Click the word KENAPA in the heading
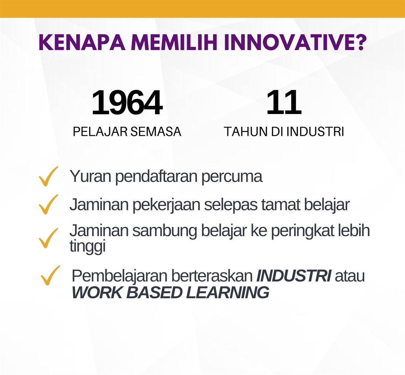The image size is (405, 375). (82, 43)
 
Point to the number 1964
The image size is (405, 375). (127, 102)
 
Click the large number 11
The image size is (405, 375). (284, 102)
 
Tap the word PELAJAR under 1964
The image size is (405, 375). (100, 132)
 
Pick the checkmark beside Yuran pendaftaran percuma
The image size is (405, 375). (48, 176)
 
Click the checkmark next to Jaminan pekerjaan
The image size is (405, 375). (48, 204)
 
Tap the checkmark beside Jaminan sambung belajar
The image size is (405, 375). (48, 238)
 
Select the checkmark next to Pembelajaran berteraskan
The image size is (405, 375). (50, 275)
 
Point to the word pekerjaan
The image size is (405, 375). (166, 205)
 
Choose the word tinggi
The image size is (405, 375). (87, 246)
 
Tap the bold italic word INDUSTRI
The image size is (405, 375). (294, 276)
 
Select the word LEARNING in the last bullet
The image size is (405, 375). (228, 293)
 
